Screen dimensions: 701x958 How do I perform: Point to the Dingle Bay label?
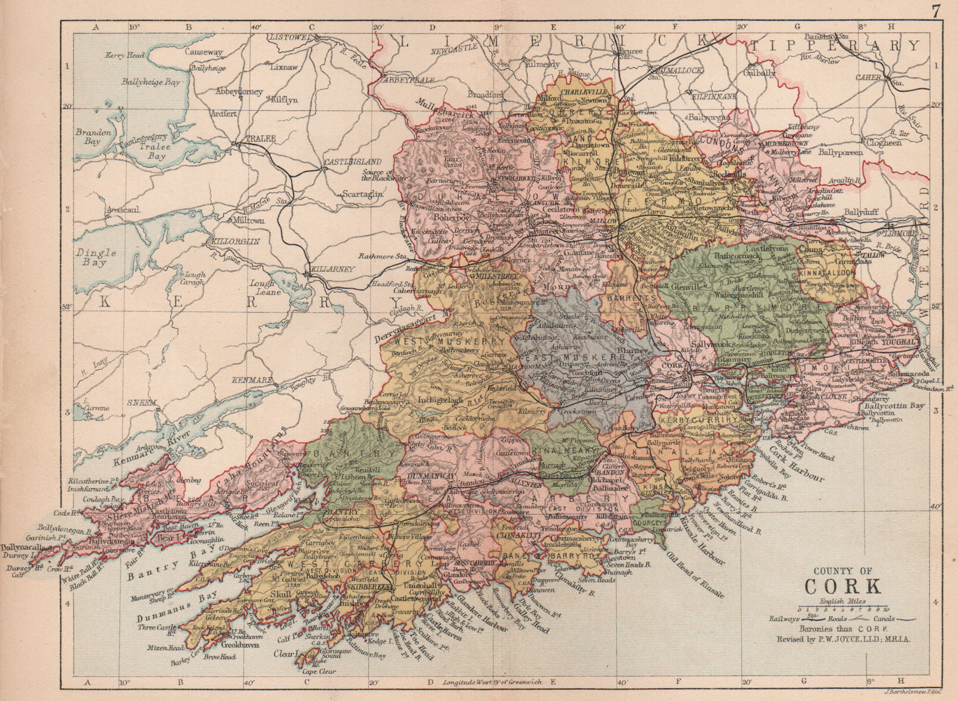(96, 257)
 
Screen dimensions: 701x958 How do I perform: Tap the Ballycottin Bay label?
(892, 406)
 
